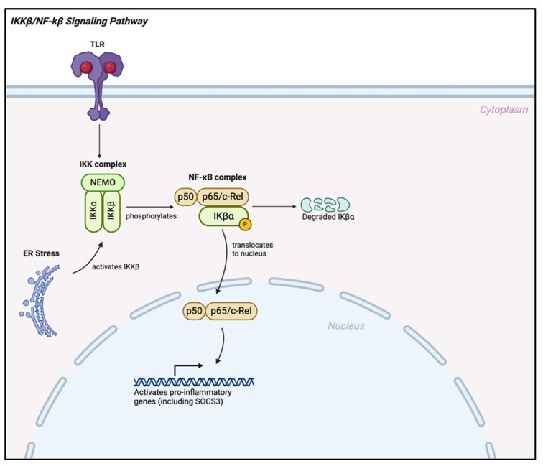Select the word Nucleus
[x=347, y=325]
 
